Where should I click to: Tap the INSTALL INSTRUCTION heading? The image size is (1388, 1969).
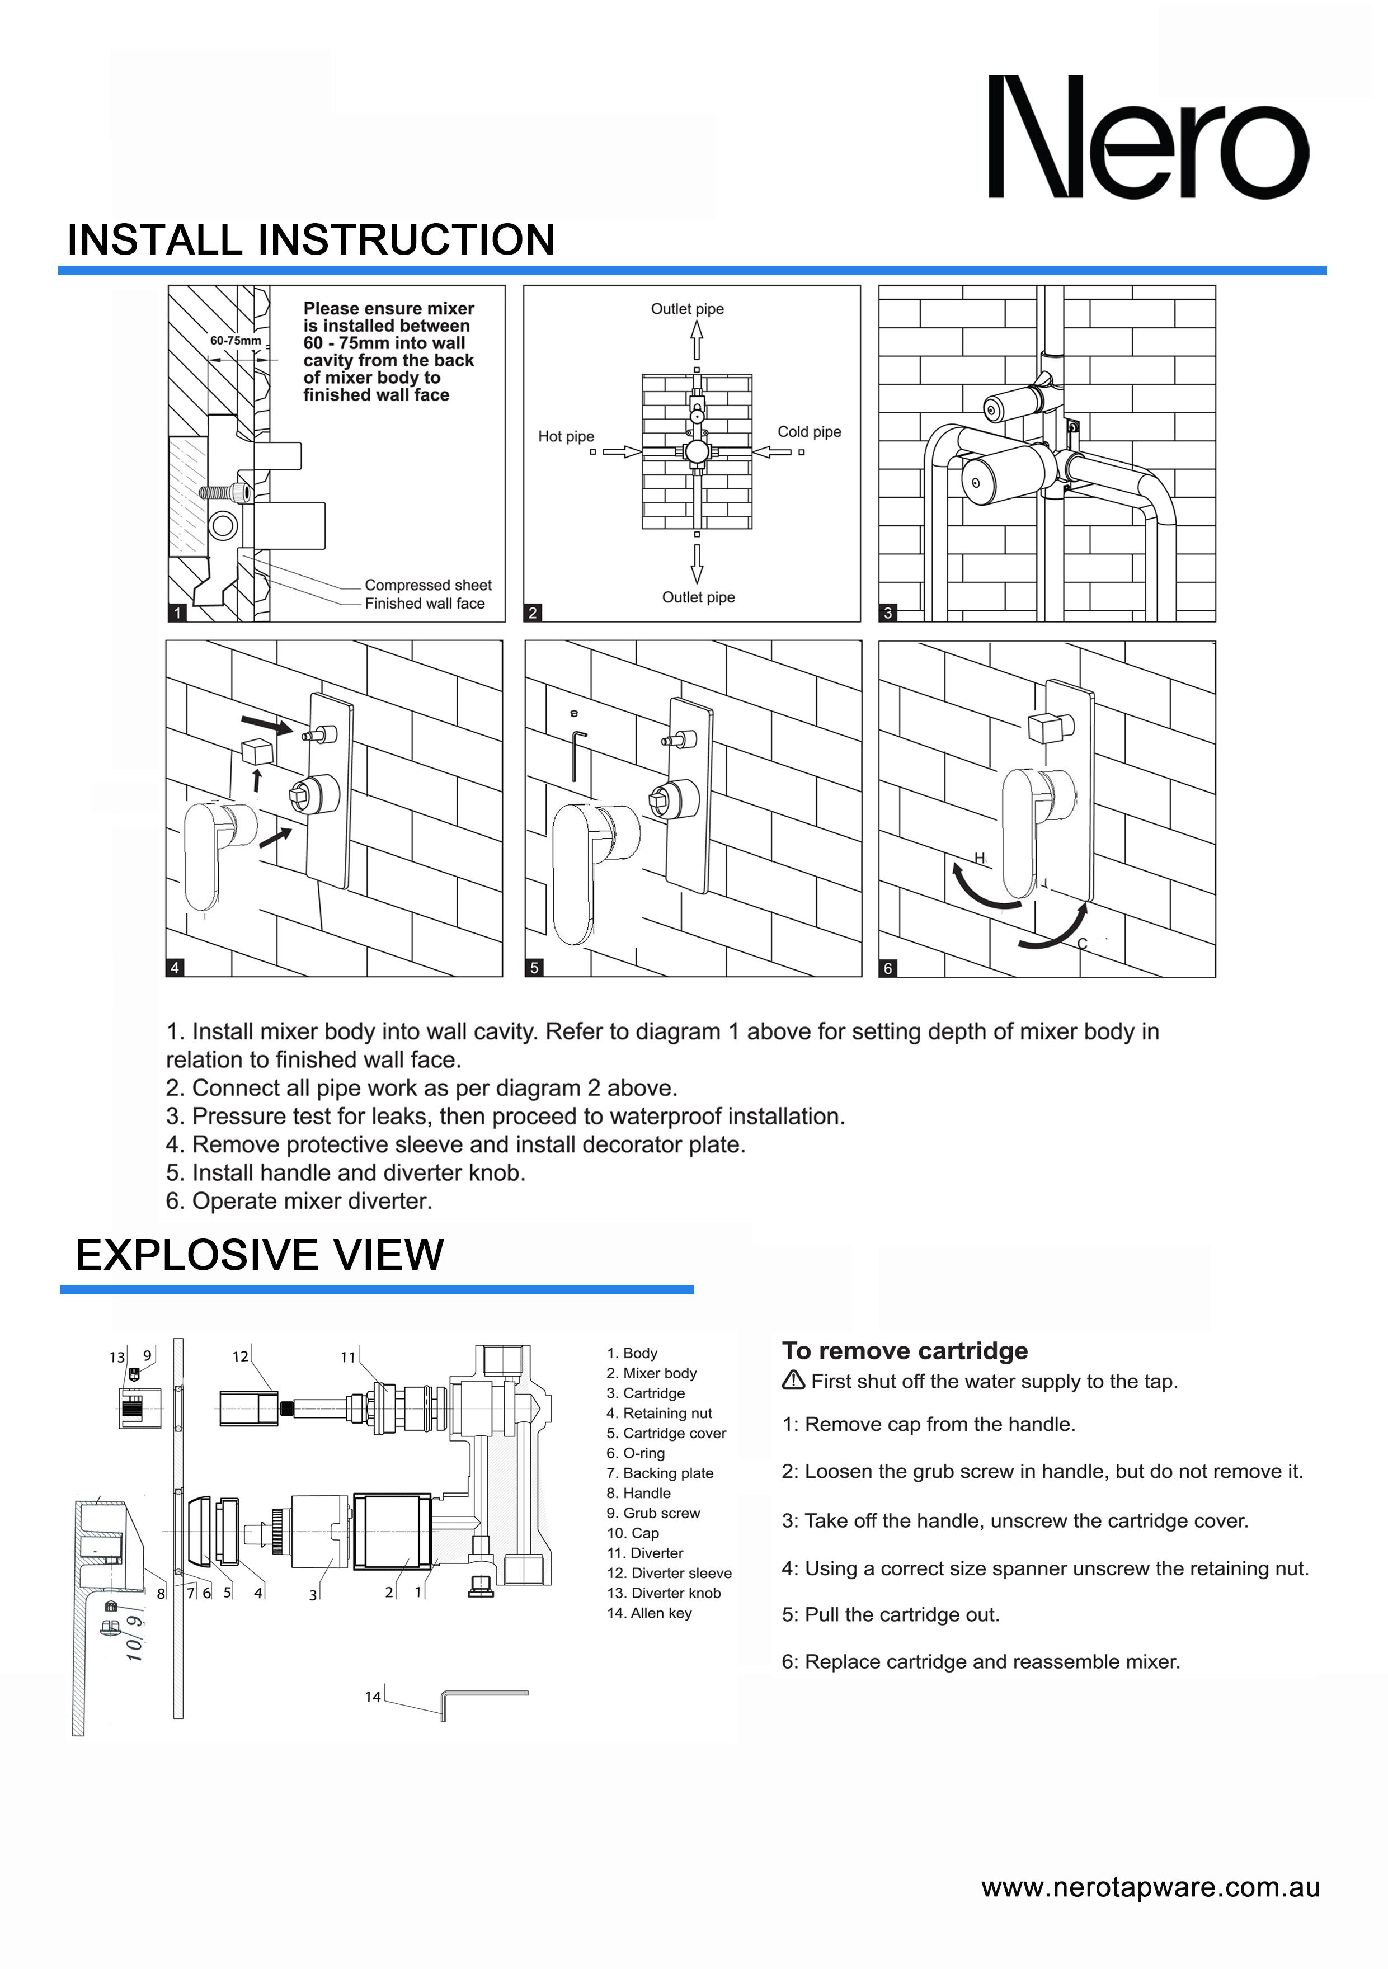[x=310, y=239]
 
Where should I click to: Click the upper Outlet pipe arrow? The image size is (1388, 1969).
[x=697, y=341]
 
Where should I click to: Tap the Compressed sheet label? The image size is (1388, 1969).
[x=428, y=585]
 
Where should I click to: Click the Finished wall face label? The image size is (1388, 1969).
[x=425, y=604]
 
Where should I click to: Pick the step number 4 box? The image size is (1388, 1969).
[x=175, y=967]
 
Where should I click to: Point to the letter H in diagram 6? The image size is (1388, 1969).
[x=979, y=858]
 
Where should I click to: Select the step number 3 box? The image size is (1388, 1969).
[x=888, y=613]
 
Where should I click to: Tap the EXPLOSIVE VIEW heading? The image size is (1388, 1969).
[x=259, y=1255]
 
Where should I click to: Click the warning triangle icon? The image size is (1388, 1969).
[x=793, y=1381]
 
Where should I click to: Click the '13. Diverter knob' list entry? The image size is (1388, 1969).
[x=663, y=1593]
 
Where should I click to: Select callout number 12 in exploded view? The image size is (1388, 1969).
[x=240, y=1356]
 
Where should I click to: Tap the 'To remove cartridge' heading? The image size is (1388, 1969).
[x=904, y=1351]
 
